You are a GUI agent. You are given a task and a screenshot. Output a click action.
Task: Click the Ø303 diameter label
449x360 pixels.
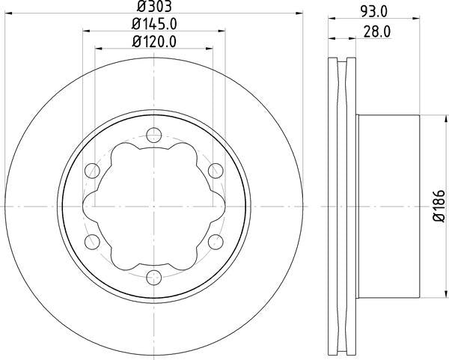point(154,10)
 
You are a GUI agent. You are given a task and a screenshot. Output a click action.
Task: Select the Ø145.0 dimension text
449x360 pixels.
point(155,25)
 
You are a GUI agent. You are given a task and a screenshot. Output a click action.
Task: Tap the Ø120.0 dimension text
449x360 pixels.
point(155,42)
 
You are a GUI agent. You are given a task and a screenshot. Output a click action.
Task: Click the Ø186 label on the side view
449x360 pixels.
point(438,204)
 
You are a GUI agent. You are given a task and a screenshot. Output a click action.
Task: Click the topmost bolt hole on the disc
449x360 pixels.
point(154,135)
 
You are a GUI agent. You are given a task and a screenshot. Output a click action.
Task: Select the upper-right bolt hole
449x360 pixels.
point(214,169)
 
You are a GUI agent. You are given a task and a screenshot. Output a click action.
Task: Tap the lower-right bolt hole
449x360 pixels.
point(214,240)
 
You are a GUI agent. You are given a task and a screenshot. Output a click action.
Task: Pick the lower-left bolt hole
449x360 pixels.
point(94,240)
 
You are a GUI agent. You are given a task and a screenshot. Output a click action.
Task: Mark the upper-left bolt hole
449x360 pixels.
point(94,169)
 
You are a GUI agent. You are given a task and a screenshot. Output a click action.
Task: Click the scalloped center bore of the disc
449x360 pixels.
point(154,204)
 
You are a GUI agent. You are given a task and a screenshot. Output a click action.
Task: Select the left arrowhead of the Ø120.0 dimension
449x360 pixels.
point(98,49)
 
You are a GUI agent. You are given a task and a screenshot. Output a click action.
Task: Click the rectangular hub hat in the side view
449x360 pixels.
point(389,204)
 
